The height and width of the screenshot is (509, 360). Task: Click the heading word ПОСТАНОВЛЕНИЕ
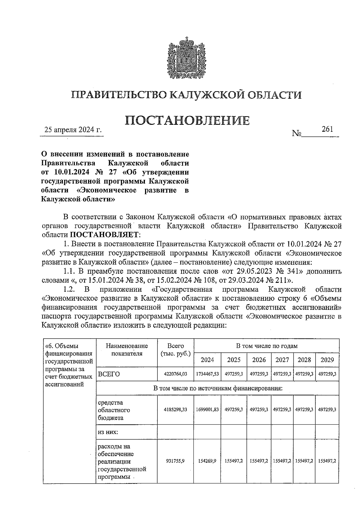(x=187, y=120)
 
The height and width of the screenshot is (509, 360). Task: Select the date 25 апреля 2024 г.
(x=73, y=130)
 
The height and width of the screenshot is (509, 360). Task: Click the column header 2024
(x=207, y=360)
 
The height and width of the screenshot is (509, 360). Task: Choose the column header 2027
(x=282, y=360)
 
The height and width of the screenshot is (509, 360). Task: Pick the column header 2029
(x=327, y=360)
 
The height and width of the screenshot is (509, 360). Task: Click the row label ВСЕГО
(x=109, y=374)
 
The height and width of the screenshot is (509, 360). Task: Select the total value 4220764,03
(x=175, y=374)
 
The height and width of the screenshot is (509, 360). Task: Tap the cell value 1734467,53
(x=207, y=374)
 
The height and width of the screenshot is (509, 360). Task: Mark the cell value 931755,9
(x=175, y=461)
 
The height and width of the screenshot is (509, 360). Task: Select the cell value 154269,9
(x=207, y=461)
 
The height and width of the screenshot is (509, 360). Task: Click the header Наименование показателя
(x=127, y=349)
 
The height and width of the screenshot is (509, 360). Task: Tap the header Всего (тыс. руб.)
(x=175, y=349)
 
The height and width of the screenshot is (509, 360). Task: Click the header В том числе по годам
(x=267, y=346)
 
